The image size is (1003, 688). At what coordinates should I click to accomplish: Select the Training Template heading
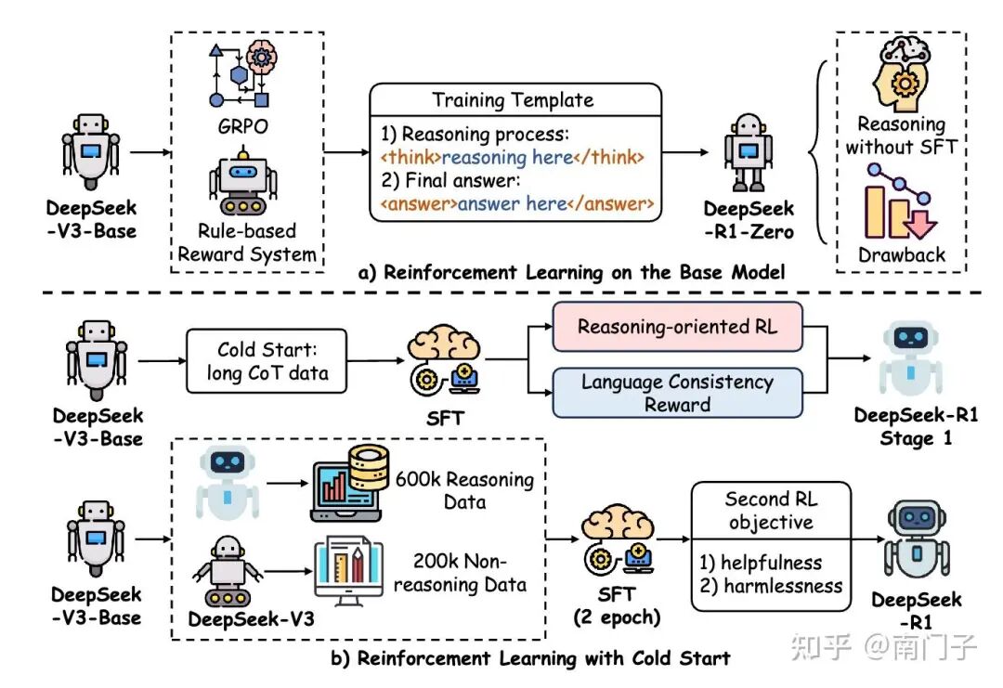click(x=513, y=99)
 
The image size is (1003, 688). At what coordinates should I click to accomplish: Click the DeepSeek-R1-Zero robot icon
click(x=748, y=153)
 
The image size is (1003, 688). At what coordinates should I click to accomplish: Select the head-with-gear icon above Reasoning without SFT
click(x=900, y=76)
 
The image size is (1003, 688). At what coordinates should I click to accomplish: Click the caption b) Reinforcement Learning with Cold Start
click(x=530, y=658)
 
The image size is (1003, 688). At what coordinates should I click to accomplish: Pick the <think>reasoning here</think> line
click(x=512, y=156)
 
